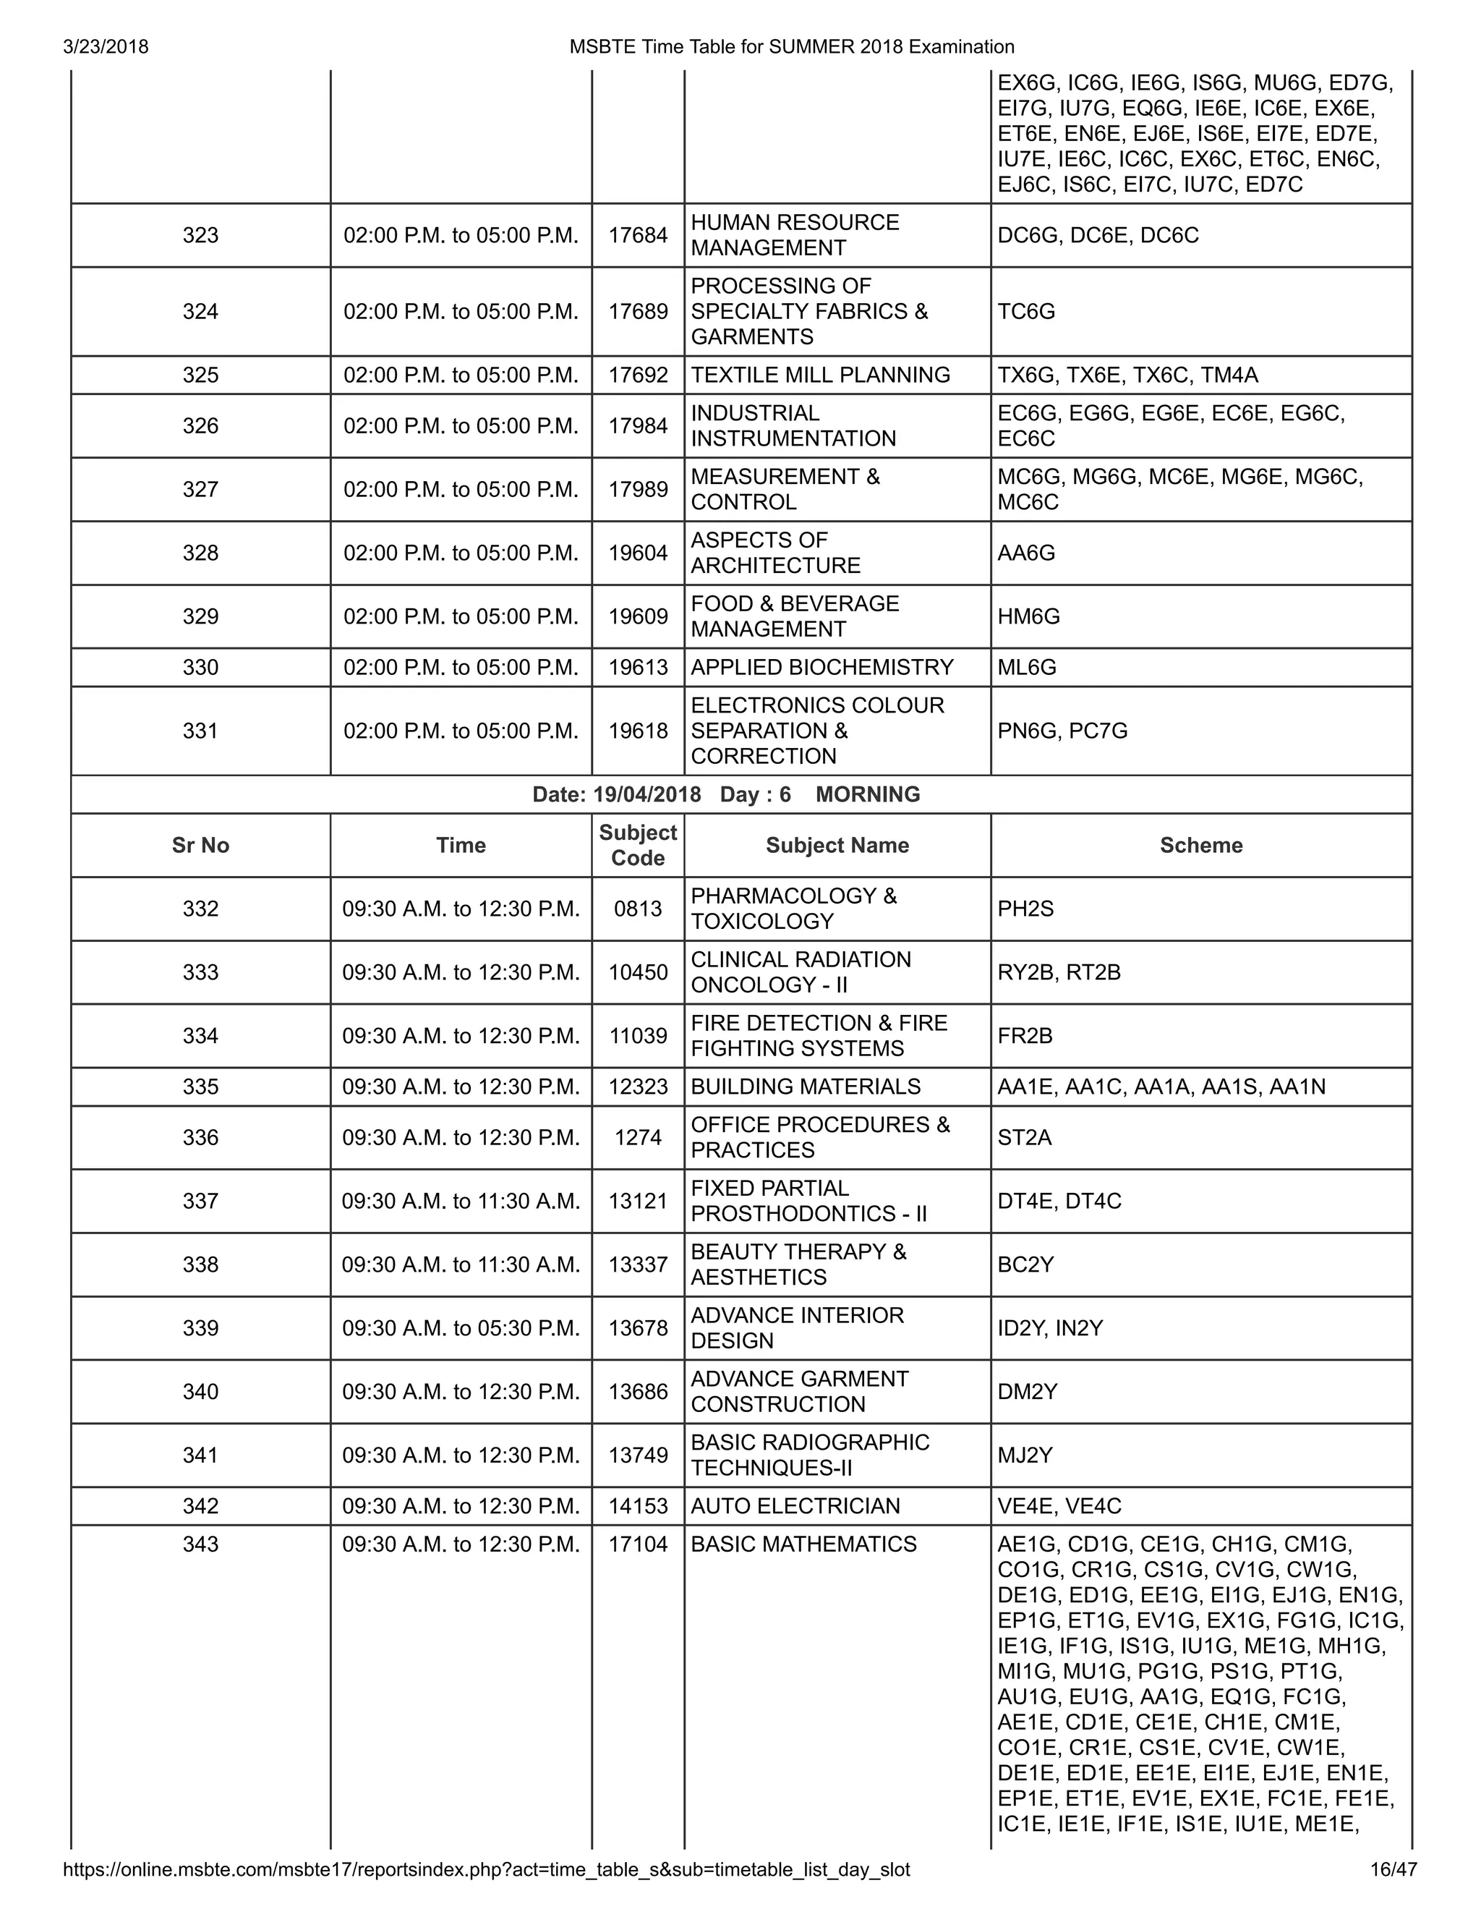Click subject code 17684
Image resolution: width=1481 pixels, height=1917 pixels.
pyautogui.click(x=638, y=235)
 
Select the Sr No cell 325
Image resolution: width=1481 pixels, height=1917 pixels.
pyautogui.click(x=200, y=375)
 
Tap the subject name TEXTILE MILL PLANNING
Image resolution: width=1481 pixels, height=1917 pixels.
pyautogui.click(x=820, y=375)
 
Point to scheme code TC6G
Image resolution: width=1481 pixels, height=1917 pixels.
pyautogui.click(x=1027, y=312)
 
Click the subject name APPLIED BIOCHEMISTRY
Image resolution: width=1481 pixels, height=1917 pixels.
pyautogui.click(x=821, y=667)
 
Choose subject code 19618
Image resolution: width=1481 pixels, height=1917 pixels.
pyautogui.click(x=638, y=731)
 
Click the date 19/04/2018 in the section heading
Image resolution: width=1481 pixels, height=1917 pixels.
pyautogui.click(x=646, y=794)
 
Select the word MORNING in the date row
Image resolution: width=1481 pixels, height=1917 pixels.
pyautogui.click(x=868, y=794)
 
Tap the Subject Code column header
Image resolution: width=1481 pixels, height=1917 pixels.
pyautogui.click(x=638, y=845)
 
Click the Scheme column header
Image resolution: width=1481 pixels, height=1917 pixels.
pyautogui.click(x=1201, y=845)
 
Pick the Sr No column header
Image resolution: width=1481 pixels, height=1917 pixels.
pyautogui.click(x=200, y=845)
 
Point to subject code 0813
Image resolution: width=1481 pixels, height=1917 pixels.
pyautogui.click(x=638, y=909)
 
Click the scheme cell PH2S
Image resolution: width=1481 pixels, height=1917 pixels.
pyautogui.click(x=1025, y=909)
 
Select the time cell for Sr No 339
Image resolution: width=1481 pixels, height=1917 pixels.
pyautogui.click(x=461, y=1328)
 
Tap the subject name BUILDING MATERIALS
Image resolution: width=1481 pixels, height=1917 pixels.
pyautogui.click(x=806, y=1087)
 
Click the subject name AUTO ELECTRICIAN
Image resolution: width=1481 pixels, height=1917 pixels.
pyautogui.click(x=795, y=1506)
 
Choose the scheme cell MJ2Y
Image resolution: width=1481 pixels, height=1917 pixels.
pyautogui.click(x=1025, y=1455)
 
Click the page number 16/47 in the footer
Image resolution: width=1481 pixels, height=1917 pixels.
pyautogui.click(x=1393, y=1869)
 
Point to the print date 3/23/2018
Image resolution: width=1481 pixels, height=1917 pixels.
pyautogui.click(x=106, y=46)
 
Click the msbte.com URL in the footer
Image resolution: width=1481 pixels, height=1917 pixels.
pyautogui.click(x=486, y=1869)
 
